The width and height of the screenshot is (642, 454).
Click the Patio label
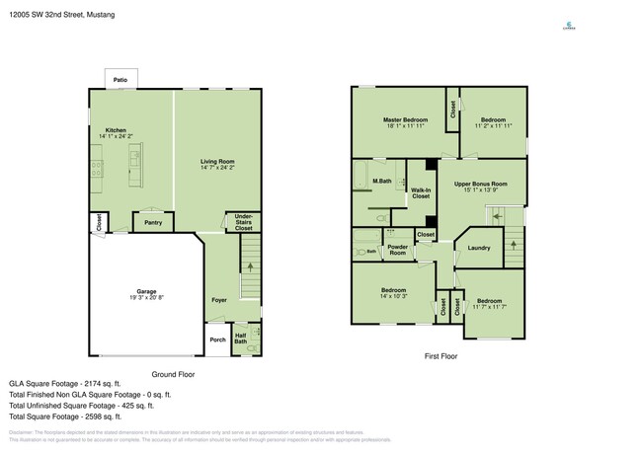click(x=120, y=80)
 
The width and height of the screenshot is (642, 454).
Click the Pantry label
click(x=153, y=222)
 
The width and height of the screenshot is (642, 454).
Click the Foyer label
click(x=219, y=299)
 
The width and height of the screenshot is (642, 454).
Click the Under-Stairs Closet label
click(x=244, y=222)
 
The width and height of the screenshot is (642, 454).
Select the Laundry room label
click(x=479, y=248)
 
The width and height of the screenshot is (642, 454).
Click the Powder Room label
click(x=398, y=250)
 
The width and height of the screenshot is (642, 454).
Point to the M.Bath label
click(x=380, y=182)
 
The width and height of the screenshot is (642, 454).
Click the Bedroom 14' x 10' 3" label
click(x=395, y=293)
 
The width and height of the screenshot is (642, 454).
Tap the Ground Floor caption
click(x=173, y=373)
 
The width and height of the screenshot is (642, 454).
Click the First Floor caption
click(x=438, y=356)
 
